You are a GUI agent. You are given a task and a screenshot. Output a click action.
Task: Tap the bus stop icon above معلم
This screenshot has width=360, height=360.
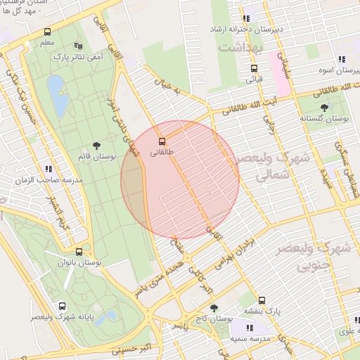[x=47, y=32]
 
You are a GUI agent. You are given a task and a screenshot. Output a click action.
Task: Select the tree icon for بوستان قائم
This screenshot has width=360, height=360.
[x=96, y=145]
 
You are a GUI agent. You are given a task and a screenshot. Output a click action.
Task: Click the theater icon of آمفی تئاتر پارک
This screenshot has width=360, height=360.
[x=77, y=46]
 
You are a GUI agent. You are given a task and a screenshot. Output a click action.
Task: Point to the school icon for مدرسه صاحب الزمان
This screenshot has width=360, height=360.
[x=49, y=169]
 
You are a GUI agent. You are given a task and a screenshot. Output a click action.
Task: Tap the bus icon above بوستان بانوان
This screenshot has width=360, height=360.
[x=78, y=251]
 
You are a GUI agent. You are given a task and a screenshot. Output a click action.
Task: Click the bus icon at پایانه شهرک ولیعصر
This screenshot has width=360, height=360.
[x=63, y=306]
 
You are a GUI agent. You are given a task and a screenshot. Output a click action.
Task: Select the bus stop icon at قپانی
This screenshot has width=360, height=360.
[x=254, y=68]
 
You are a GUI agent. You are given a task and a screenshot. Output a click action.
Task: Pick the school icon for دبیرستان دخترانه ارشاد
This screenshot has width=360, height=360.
[x=246, y=18]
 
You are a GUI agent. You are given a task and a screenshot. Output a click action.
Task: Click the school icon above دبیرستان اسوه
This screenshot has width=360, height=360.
[x=341, y=60]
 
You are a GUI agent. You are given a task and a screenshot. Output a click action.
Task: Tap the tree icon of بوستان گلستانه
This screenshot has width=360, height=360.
[x=324, y=108]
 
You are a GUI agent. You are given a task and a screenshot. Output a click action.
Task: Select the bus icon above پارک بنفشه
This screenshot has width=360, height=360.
[x=262, y=300]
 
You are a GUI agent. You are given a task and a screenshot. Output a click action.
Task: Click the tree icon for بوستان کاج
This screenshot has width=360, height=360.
[x=214, y=308]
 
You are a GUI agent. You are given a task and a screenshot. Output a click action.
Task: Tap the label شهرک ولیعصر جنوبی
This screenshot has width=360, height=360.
[x=323, y=257]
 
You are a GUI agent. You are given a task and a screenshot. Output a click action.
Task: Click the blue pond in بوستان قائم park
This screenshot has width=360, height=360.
[x=58, y=96]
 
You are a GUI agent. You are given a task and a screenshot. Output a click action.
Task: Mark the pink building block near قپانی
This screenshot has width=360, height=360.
[x=280, y=83]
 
